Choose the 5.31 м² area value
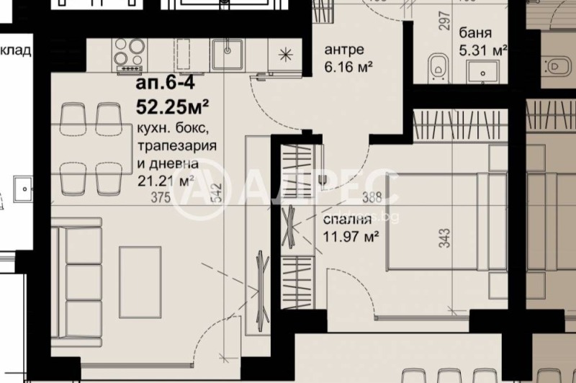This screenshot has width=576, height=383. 483,50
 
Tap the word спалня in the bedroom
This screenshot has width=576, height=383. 348,220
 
